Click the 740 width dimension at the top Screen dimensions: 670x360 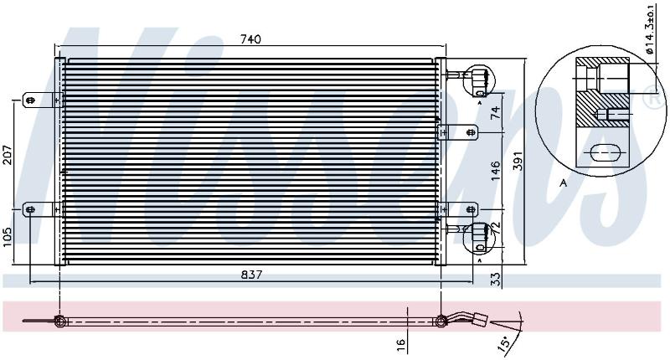(250, 39)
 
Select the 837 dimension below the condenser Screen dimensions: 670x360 (251, 275)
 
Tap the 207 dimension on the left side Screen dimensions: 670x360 (8, 156)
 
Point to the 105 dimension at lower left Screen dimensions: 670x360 (8, 237)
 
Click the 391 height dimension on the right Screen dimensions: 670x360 (518, 161)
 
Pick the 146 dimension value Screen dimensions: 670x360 (495, 171)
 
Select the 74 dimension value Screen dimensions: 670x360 (495, 112)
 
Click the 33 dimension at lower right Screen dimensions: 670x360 (495, 280)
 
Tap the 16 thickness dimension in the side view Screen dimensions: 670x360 (400, 343)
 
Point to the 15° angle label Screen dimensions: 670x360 (504, 342)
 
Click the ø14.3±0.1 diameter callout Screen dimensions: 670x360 (650, 29)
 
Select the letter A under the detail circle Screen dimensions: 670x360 (564, 183)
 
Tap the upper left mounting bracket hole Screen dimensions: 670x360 (30, 100)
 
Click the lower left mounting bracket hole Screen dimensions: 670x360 (30, 209)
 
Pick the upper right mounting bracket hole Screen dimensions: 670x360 (472, 132)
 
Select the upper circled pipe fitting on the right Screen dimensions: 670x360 (478, 80)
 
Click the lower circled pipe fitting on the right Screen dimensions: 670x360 (478, 238)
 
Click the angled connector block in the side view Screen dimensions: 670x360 (481, 319)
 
